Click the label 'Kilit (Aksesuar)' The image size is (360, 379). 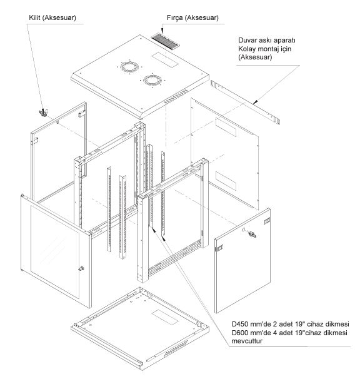(x=52, y=18)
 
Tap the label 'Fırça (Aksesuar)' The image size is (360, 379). (x=192, y=18)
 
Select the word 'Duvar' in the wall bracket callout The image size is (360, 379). (x=247, y=40)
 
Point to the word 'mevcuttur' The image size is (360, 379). (x=247, y=341)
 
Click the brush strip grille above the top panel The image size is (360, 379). (x=165, y=41)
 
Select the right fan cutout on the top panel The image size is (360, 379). (x=152, y=80)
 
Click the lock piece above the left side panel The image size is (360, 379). (x=44, y=113)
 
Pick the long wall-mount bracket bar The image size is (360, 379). (x=245, y=102)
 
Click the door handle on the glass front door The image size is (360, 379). (x=81, y=268)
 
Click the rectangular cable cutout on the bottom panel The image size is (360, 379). (x=165, y=317)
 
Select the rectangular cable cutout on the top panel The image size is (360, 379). (x=165, y=59)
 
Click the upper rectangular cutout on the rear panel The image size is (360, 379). (x=226, y=127)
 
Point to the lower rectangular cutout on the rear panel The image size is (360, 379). (x=226, y=181)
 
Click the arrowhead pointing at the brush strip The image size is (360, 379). (x=162, y=31)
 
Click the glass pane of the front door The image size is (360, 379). (x=55, y=251)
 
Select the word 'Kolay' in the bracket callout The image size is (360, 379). (x=247, y=49)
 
